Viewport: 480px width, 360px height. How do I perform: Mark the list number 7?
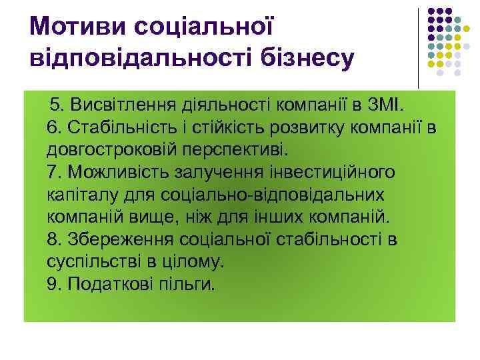click(x=53, y=172)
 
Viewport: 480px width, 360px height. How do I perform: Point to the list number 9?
click(x=53, y=285)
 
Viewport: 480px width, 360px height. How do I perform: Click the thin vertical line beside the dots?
click(x=418, y=47)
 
